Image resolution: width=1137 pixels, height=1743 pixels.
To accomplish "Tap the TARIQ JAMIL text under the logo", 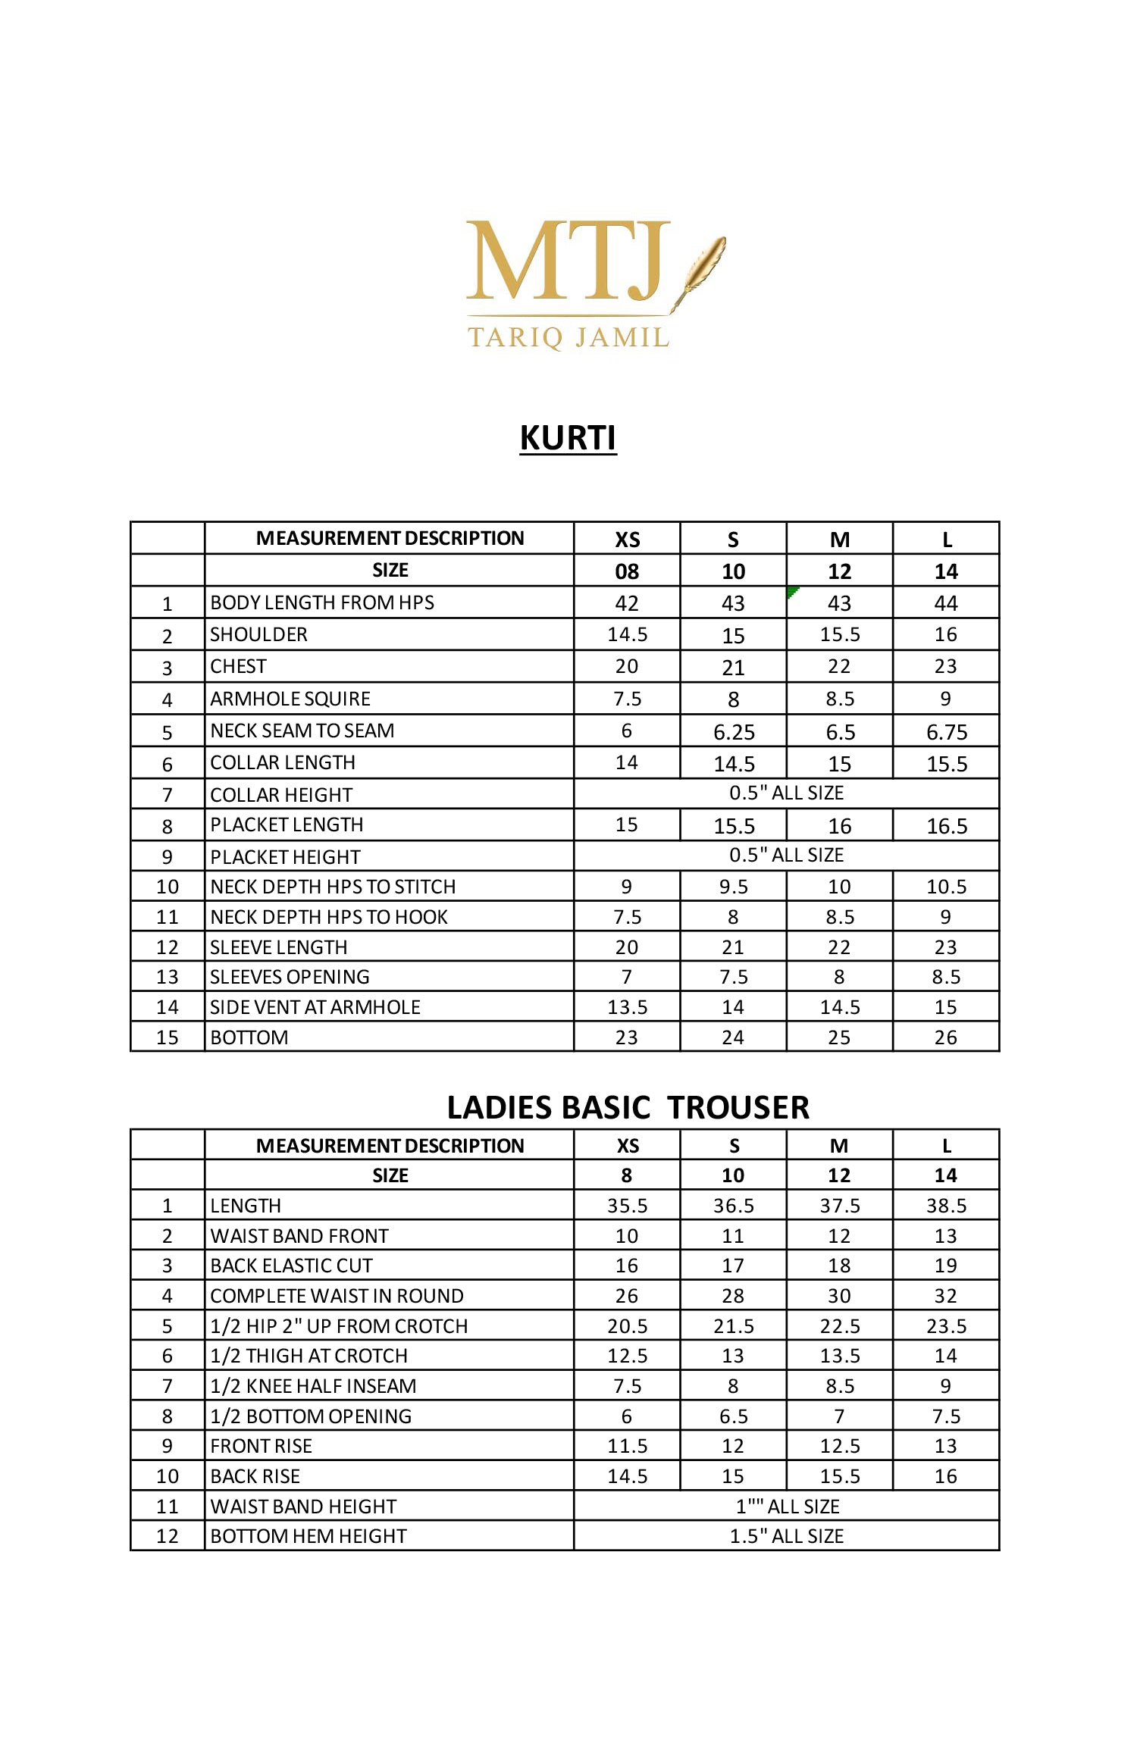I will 568,337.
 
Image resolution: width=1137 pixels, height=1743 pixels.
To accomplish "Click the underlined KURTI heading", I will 568,438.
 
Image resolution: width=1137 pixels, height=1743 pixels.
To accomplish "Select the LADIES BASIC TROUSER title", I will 628,1107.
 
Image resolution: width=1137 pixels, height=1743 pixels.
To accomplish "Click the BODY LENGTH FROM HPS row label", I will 322,602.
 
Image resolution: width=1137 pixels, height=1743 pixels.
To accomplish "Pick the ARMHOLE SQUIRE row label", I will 290,699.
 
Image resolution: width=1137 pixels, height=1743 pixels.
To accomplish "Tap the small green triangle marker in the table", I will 792,591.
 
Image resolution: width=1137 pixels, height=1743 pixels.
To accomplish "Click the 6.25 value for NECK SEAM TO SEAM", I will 734,732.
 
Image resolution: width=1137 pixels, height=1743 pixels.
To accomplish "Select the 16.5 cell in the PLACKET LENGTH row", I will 946,826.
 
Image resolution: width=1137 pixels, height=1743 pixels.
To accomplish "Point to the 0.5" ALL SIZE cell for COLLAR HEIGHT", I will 786,793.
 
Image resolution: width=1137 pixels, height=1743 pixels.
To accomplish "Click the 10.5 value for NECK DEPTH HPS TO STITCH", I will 946,887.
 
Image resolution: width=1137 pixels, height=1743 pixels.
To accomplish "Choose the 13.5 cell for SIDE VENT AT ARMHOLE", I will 627,1007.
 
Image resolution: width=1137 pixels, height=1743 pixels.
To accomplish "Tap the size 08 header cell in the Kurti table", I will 627,571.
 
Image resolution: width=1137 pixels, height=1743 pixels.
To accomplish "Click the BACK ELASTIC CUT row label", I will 291,1266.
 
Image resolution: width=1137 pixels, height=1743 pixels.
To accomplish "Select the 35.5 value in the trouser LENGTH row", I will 627,1206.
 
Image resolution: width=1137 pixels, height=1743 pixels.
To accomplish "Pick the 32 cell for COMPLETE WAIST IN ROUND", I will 945,1296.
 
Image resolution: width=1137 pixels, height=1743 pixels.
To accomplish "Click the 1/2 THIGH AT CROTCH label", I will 309,1356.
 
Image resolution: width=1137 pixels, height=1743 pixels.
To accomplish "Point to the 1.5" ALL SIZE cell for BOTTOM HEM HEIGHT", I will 786,1536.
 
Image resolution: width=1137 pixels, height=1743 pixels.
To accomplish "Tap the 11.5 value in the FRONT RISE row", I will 627,1446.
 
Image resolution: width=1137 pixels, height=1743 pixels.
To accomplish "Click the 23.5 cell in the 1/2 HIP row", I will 946,1326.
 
